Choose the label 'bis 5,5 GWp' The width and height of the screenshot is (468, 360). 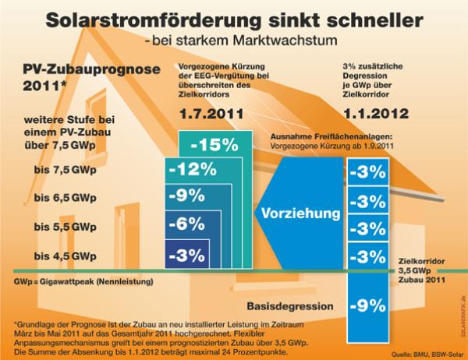(x=66, y=228)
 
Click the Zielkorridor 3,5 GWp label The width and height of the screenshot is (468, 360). (x=421, y=270)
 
